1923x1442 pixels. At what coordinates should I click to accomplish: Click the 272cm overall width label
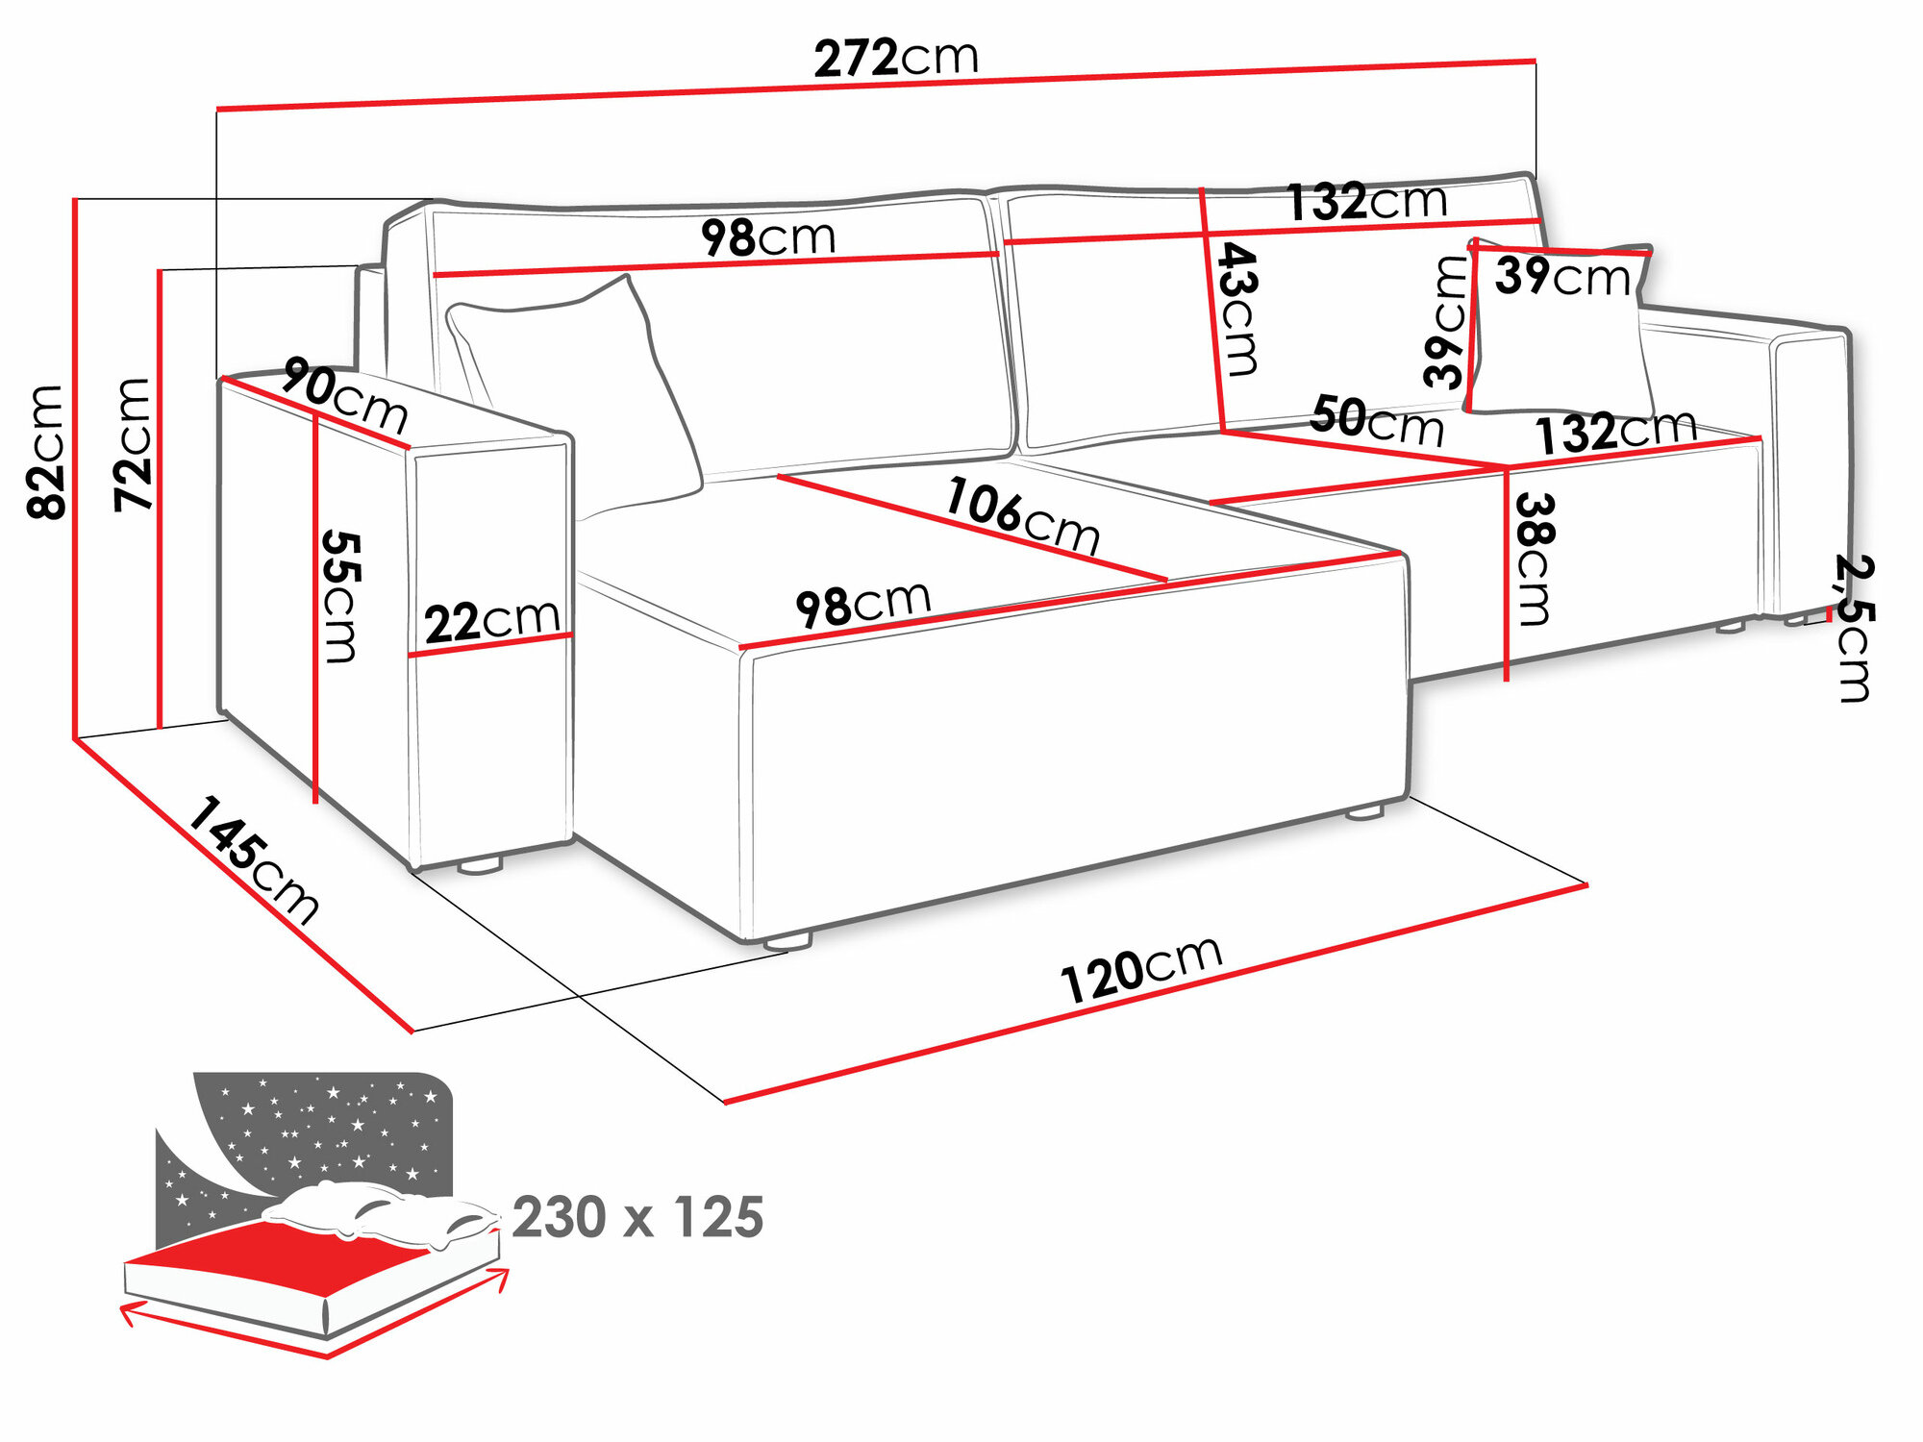coord(895,58)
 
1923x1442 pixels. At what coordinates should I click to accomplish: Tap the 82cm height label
coord(46,452)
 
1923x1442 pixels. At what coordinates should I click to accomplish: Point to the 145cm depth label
coord(252,861)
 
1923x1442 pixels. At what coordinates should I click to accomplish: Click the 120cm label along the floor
coord(1141,969)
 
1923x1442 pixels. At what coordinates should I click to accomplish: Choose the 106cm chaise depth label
coord(1022,516)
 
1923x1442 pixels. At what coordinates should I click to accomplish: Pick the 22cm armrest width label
coord(492,621)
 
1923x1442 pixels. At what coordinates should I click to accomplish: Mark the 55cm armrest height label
coord(340,596)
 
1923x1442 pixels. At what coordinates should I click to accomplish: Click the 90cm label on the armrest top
coord(345,395)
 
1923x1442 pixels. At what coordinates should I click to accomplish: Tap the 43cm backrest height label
coord(1237,309)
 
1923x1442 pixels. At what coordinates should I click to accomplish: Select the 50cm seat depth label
coord(1376,421)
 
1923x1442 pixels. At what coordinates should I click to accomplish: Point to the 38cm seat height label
coord(1535,559)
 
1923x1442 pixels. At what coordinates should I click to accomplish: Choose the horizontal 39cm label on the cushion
coord(1562,277)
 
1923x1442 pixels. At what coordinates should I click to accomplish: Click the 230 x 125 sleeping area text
coord(637,1218)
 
